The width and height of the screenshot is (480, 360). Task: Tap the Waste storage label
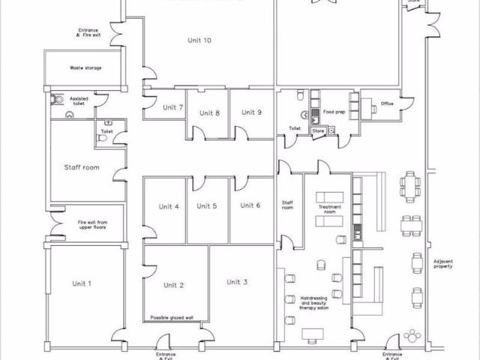[x=85, y=67]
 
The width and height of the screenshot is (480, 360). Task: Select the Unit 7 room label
[x=173, y=107]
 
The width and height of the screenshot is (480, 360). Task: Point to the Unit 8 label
[x=209, y=113]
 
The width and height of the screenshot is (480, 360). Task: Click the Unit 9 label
[x=251, y=112]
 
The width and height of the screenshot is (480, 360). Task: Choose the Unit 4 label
[x=169, y=206]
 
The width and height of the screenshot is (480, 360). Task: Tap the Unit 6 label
[x=250, y=205]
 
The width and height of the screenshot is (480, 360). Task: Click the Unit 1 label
[x=82, y=283]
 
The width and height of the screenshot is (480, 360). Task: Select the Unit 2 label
[x=174, y=285]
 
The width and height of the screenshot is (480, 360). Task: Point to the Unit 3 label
[x=237, y=282]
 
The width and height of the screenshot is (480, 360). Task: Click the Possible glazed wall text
[x=172, y=318]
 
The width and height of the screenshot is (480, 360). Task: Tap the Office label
[x=387, y=103]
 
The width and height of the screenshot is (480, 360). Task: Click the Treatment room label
[x=330, y=208]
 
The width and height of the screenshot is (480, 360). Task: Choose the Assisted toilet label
[x=79, y=100]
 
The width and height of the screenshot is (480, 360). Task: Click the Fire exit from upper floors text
[x=93, y=225]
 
